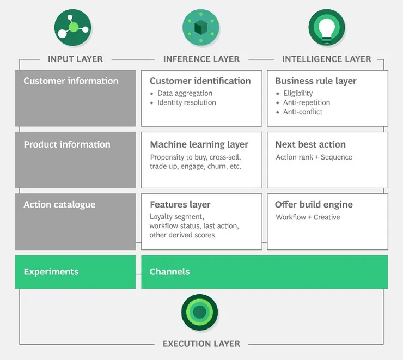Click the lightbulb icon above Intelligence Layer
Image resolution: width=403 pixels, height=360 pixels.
tap(327, 27)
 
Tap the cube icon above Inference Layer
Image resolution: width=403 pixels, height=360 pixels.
tap(201, 27)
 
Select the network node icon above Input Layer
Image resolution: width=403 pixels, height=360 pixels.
tap(73, 27)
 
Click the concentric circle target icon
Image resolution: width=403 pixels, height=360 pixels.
tap(200, 312)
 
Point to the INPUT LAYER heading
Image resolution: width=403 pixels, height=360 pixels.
tap(75, 59)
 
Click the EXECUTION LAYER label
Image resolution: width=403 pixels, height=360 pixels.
tap(201, 344)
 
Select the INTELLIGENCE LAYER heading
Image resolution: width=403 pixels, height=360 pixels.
tap(327, 59)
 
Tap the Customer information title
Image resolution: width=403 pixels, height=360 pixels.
tap(71, 81)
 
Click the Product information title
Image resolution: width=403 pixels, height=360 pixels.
tap(67, 144)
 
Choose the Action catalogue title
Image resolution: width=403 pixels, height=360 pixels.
tap(59, 205)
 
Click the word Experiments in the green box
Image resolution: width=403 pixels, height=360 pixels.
tap(51, 272)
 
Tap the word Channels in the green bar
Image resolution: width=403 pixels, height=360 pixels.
tap(169, 272)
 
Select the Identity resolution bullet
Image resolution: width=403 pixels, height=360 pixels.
tap(187, 102)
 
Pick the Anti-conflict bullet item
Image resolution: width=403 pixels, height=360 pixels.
tap(303, 112)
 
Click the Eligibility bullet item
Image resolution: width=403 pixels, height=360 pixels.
tap(298, 93)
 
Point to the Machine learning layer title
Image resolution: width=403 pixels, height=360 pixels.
tap(199, 144)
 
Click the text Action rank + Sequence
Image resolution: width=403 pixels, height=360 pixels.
tap(314, 157)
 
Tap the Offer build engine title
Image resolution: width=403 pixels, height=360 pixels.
tap(314, 205)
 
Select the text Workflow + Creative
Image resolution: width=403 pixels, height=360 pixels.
tap(308, 217)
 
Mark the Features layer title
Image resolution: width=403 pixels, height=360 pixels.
tap(180, 205)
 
